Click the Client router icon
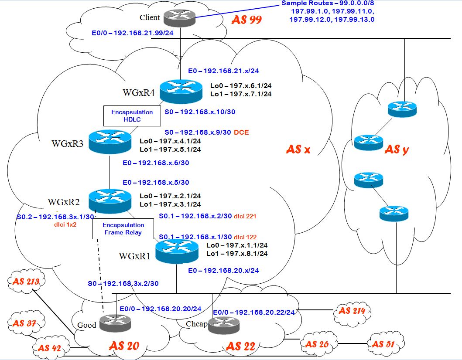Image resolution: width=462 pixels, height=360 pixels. tap(180, 17)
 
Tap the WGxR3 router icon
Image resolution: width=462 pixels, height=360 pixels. tap(110, 141)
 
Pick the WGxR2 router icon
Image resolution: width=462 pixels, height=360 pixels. tap(110, 200)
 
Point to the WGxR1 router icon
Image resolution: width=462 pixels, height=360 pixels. tap(176, 251)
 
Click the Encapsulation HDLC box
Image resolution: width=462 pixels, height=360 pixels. tap(132, 115)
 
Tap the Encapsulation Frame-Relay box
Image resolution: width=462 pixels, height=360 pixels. tap(123, 228)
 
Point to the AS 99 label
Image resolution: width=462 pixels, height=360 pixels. tap(246, 20)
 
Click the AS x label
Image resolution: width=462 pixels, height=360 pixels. tap(298, 149)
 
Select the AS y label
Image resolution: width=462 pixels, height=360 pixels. tap(397, 149)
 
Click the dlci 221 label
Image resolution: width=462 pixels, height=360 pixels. tap(248, 216)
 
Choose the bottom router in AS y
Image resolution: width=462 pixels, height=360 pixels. tap(394, 213)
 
